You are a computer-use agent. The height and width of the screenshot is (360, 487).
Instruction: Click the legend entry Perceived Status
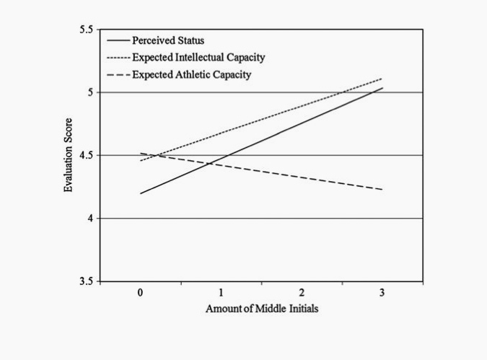168,40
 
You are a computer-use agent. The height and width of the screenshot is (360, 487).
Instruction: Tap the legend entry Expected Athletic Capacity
191,74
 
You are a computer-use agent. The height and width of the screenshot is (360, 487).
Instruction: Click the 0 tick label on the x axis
141,293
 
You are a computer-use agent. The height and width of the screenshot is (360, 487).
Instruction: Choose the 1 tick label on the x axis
221,293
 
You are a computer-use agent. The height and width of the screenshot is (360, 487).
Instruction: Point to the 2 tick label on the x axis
302,293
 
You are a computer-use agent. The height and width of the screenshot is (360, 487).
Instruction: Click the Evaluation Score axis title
69,155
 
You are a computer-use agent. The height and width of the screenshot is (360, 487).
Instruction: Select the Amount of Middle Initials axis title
261,309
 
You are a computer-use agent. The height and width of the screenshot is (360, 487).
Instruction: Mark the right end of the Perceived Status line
382,88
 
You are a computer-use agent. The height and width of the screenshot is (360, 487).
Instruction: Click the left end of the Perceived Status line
141,193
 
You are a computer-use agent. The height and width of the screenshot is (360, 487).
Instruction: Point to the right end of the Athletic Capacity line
382,189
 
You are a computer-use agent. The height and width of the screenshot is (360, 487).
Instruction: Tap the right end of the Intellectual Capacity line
382,79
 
